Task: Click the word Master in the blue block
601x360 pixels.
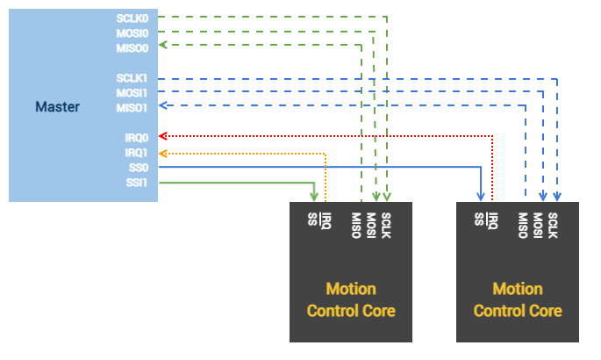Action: [x=57, y=107]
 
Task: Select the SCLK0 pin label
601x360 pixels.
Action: [x=132, y=18]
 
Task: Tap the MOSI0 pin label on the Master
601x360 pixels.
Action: [x=132, y=32]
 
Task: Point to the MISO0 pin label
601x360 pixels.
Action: [x=132, y=47]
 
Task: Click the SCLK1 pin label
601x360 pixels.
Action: [x=132, y=78]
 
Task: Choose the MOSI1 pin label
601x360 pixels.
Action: [x=132, y=92]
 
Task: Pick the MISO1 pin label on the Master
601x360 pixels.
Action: [x=132, y=107]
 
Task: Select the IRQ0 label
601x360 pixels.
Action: [x=138, y=137]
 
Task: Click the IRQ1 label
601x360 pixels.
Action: [x=138, y=152]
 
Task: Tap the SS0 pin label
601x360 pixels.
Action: [x=140, y=167]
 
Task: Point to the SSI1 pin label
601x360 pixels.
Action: [x=139, y=182]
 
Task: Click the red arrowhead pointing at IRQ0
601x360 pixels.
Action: [x=161, y=137]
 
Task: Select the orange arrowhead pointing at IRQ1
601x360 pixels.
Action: [x=161, y=152]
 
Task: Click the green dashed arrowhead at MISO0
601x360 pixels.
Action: [x=161, y=47]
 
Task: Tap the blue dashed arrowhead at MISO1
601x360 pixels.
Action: [x=161, y=107]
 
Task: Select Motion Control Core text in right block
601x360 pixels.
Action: [x=518, y=299]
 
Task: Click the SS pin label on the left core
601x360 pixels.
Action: [x=311, y=217]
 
